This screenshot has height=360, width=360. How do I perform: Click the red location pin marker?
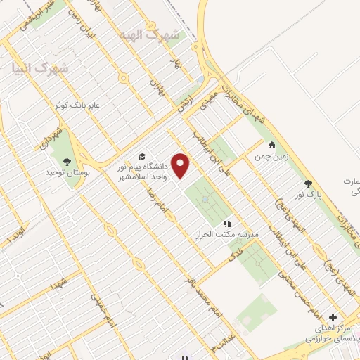[181, 165]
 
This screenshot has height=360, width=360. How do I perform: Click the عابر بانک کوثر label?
[79, 105]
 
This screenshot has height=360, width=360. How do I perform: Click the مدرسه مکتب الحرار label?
[227, 234]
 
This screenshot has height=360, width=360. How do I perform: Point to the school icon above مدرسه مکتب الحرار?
[227, 223]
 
